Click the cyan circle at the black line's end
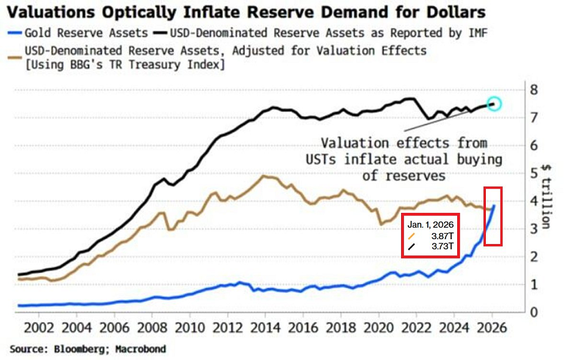coord(494,103)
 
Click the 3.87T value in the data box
coord(441,236)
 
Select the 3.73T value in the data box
coord(441,246)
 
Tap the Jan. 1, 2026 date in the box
coord(430,224)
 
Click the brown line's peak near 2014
coord(263,176)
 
